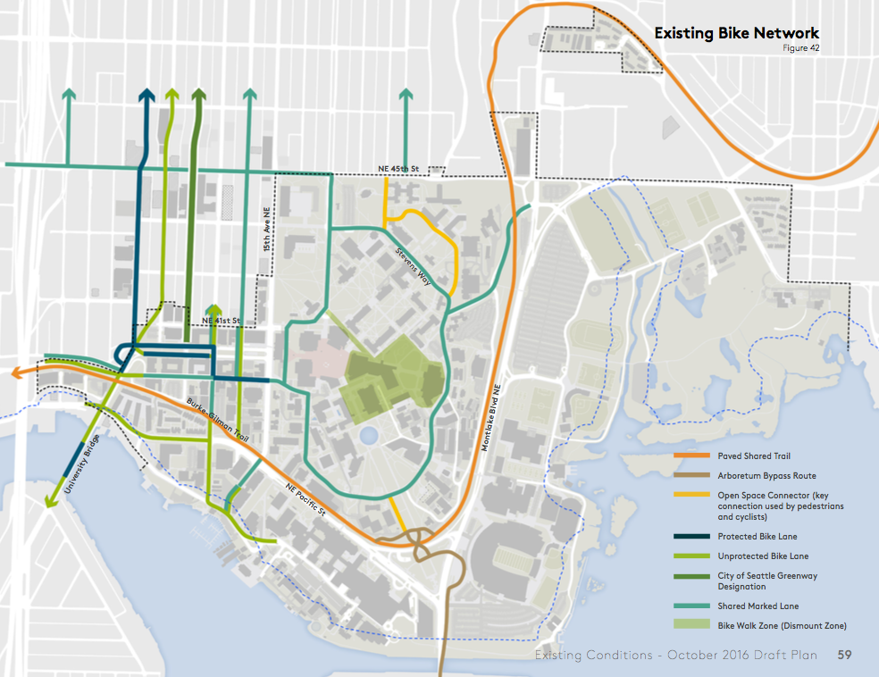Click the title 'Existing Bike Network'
pyautogui.click(x=736, y=33)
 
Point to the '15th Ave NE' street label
pyautogui.click(x=266, y=226)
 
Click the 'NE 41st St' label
pyautogui.click(x=221, y=321)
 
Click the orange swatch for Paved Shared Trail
pyautogui.click(x=691, y=456)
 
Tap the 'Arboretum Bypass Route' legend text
pyautogui.click(x=766, y=476)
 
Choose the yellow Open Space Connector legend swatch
pyautogui.click(x=691, y=495)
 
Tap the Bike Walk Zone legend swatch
pyautogui.click(x=691, y=625)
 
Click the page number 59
pyautogui.click(x=844, y=656)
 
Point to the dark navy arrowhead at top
pyautogui.click(x=146, y=96)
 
